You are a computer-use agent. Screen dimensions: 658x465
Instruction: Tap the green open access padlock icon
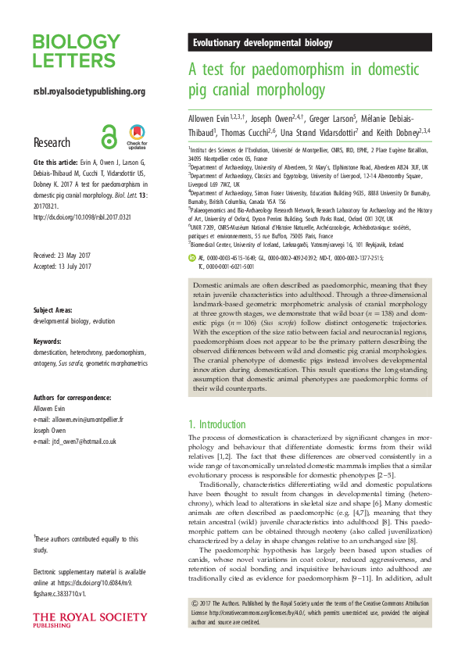click(x=109, y=138)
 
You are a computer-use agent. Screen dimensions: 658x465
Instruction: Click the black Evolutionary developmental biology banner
click(x=310, y=43)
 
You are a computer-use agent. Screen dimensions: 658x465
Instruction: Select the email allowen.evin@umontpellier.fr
click(x=78, y=419)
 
